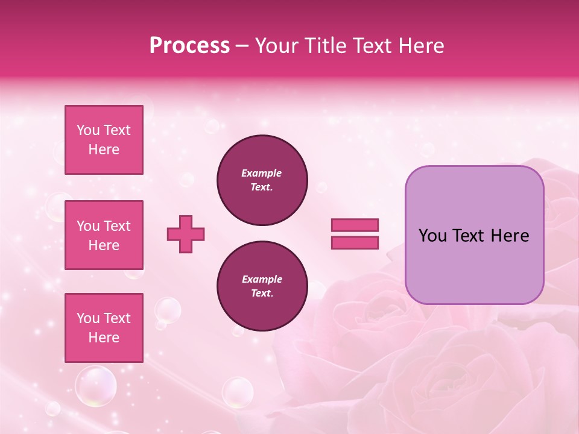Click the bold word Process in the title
[189, 46]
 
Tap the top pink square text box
[104, 140]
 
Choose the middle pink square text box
[104, 235]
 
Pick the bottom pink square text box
[104, 328]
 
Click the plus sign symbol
[186, 234]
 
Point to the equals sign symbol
[355, 234]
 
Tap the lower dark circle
[262, 286]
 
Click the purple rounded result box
[474, 235]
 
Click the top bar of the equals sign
[355, 225]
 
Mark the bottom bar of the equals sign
[355, 242]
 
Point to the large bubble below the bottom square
[95, 386]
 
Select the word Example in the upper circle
[262, 173]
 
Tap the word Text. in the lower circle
[262, 294]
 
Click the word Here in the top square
[104, 149]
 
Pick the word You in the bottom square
[88, 318]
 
